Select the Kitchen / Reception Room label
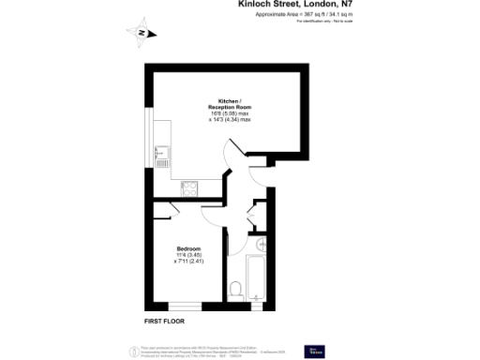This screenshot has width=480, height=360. pos(230,104)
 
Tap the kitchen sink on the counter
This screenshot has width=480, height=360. pos(161,149)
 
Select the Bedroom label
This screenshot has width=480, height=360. pos(188,247)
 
